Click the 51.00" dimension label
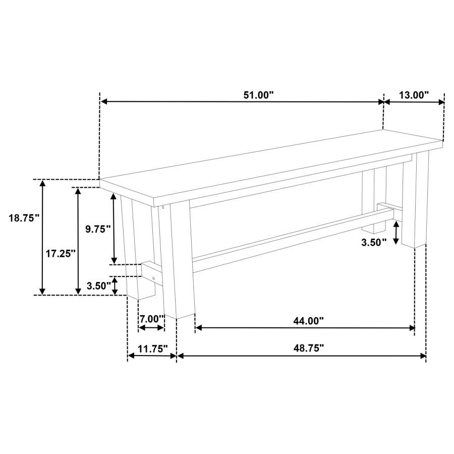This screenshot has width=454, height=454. (x=258, y=95)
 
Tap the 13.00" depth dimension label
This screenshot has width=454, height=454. (x=414, y=95)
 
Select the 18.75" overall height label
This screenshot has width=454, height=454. (x=24, y=218)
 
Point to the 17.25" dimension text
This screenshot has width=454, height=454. (x=61, y=254)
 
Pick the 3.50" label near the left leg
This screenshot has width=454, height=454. (x=99, y=286)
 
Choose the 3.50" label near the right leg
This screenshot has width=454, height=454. (x=374, y=242)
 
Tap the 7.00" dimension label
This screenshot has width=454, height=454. (x=152, y=319)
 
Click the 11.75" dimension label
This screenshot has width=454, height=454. (x=152, y=349)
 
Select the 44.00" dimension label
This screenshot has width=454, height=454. (x=308, y=321)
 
